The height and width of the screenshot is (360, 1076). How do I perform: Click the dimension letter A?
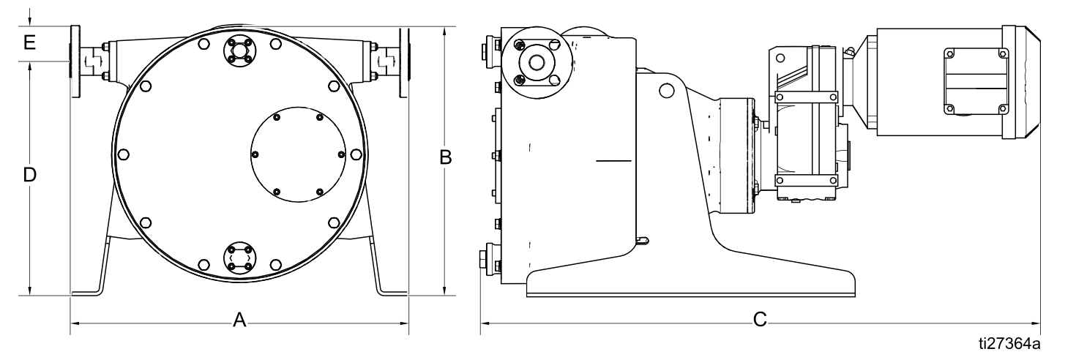(239, 320)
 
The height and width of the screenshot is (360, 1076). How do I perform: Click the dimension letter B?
(446, 157)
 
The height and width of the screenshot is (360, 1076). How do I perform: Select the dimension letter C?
(760, 319)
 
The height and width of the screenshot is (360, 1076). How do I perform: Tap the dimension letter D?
(30, 175)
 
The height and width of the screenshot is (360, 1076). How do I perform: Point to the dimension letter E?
(29, 42)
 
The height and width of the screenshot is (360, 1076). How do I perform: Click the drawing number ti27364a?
(1009, 344)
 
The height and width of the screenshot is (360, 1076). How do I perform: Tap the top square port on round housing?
(239, 50)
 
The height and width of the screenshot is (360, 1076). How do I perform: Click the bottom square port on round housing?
(239, 258)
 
